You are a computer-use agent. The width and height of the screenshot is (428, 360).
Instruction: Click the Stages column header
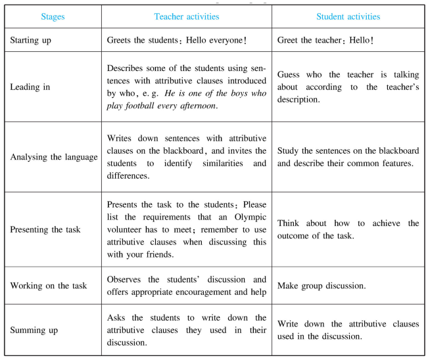[53, 16]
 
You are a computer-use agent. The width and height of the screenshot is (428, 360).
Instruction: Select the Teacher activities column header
[186, 16]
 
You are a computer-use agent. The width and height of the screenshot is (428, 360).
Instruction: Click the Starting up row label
[31, 40]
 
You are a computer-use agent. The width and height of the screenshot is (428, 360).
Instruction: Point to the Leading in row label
[30, 87]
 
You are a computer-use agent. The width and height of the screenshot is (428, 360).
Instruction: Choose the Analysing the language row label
[53, 157]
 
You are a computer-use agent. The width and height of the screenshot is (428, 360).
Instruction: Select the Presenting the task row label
[45, 229]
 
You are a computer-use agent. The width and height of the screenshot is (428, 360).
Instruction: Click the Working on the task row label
[48, 286]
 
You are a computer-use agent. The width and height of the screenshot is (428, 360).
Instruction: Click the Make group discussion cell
[321, 286]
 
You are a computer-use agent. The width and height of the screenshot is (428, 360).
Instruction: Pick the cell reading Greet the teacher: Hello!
[325, 40]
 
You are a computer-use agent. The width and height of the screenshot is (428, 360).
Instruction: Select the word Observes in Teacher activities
[126, 279]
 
